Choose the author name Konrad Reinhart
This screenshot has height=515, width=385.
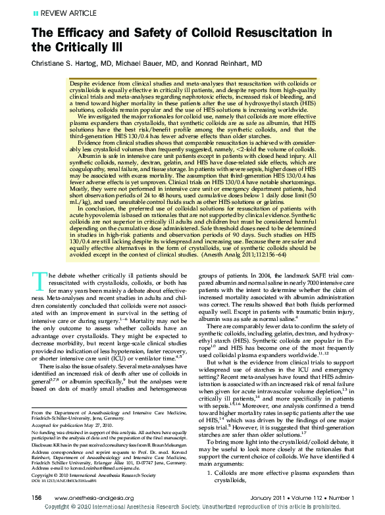224,63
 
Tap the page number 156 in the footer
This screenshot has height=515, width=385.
37,497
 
